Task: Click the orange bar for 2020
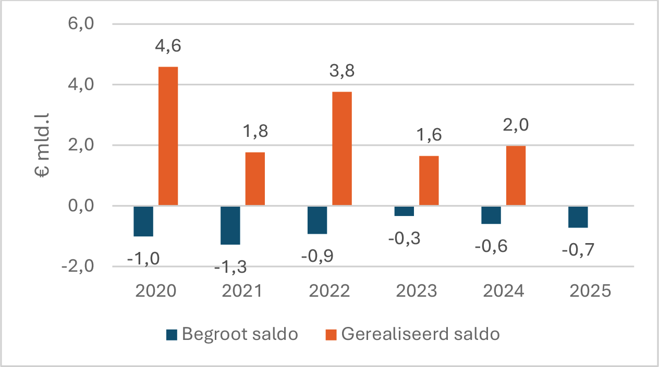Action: [168, 136]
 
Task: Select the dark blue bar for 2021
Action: [230, 225]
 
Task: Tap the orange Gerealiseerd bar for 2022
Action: [342, 149]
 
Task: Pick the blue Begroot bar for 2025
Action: [578, 217]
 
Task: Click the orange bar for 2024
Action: [516, 176]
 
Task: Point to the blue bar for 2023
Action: [404, 211]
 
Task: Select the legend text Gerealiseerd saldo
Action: [420, 334]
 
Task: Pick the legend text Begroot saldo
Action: [240, 334]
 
